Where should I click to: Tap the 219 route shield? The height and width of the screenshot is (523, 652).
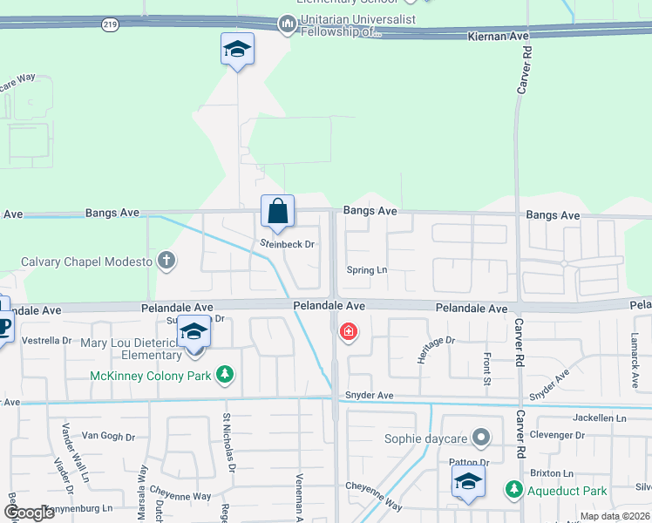pyautogui.click(x=109, y=24)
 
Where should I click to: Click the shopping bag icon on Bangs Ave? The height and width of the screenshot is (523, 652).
pyautogui.click(x=277, y=211)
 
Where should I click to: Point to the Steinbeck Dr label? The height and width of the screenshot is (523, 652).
pyautogui.click(x=286, y=244)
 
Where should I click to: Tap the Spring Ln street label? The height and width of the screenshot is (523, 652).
pyautogui.click(x=366, y=270)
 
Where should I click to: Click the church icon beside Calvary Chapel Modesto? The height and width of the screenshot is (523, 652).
pyautogui.click(x=166, y=261)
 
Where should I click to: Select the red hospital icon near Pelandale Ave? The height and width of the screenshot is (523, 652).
pyautogui.click(x=349, y=331)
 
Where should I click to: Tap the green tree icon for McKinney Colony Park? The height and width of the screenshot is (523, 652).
pyautogui.click(x=226, y=375)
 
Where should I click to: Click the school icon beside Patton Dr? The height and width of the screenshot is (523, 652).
pyautogui.click(x=469, y=481)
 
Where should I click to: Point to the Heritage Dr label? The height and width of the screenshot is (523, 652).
pyautogui.click(x=437, y=350)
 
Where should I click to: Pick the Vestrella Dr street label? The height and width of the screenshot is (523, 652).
pyautogui.click(x=45, y=340)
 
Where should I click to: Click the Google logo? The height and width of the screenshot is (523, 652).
pyautogui.click(x=29, y=512)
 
